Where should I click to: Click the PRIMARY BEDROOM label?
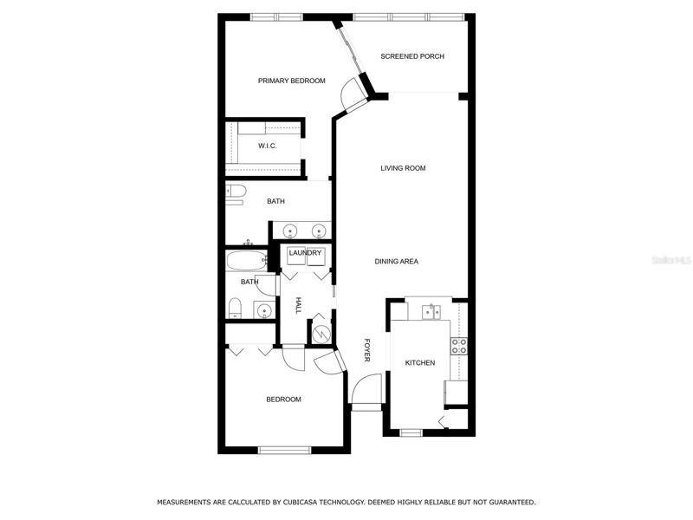(x=292, y=81)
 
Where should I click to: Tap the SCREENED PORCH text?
(x=412, y=56)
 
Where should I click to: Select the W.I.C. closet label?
(x=268, y=146)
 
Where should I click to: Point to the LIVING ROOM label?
(x=403, y=168)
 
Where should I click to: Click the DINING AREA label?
(x=397, y=262)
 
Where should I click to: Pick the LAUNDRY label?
(x=305, y=253)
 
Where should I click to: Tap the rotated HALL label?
(x=299, y=306)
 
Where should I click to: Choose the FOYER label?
(x=366, y=350)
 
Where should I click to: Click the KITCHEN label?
(x=420, y=363)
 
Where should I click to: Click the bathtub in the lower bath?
(x=247, y=261)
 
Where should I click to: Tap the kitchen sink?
(x=431, y=312)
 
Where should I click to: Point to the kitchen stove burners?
(x=459, y=346)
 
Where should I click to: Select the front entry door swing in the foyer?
(x=366, y=388)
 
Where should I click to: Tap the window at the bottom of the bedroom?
(x=285, y=450)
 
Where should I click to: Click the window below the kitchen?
(x=411, y=432)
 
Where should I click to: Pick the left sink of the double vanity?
(x=290, y=231)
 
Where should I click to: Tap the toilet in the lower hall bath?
(x=235, y=308)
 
